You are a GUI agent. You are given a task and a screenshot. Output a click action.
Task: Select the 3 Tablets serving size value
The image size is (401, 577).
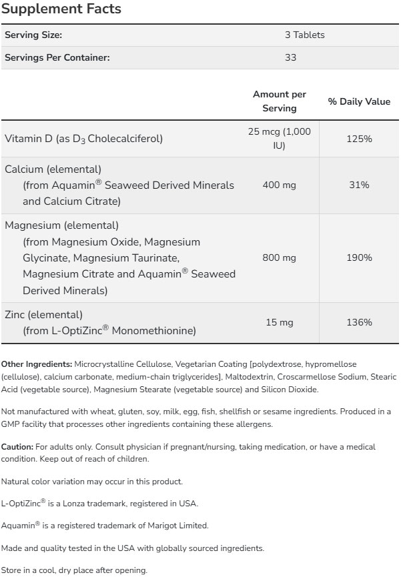[304, 35]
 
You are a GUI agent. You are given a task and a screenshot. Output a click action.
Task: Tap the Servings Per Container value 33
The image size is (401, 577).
[290, 57]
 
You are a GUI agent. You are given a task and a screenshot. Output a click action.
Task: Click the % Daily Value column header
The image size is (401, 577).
[359, 101]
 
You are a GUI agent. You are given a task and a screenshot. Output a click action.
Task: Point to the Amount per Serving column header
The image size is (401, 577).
[280, 101]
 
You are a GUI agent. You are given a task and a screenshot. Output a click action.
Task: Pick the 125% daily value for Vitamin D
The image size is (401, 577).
[359, 138]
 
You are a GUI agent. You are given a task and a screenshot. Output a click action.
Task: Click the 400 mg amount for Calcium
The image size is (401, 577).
[280, 184]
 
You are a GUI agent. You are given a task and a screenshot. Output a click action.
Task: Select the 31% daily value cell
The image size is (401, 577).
[359, 184]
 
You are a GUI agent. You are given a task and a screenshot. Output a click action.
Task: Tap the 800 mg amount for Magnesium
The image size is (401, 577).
[280, 257]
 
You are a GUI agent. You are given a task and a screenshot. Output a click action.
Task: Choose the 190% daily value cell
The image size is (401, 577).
[359, 257]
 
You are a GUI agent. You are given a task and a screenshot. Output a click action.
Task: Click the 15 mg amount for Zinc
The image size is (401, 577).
[280, 322]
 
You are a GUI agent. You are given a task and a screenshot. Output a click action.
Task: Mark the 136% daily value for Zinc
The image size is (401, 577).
[359, 322]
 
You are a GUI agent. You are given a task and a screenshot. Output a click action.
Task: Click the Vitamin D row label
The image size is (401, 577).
[83, 139]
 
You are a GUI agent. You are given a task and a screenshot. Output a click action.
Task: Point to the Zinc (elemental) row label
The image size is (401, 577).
[43, 314]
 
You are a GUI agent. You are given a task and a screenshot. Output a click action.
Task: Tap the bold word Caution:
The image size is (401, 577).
[17, 446]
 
